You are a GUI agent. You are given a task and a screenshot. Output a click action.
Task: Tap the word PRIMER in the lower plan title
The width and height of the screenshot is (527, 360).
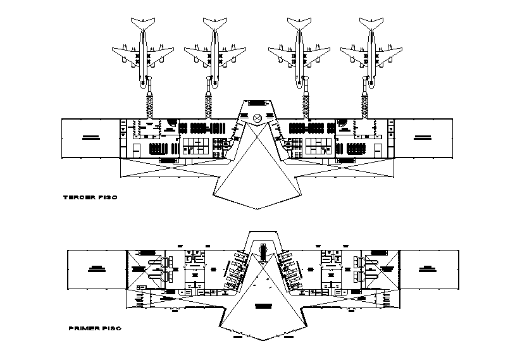pyautogui.click(x=80, y=328)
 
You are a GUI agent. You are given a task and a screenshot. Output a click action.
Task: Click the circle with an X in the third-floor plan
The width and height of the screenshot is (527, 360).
pyautogui.click(x=257, y=118)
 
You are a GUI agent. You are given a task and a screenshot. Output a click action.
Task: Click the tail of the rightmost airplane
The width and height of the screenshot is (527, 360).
pyautogui.click(x=372, y=23)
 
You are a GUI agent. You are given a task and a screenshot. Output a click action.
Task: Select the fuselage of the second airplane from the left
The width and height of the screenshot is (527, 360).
pyautogui.click(x=214, y=51)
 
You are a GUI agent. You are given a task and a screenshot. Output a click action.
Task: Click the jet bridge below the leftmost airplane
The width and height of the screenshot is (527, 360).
pyautogui.click(x=151, y=101)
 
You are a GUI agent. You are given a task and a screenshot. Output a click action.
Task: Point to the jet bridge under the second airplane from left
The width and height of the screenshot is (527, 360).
pyautogui.click(x=209, y=101)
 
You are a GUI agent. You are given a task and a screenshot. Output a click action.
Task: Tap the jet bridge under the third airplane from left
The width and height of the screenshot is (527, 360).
pyautogui.click(x=306, y=101)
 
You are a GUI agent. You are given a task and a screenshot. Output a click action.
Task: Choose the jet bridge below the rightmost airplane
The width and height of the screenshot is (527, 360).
pyautogui.click(x=365, y=101)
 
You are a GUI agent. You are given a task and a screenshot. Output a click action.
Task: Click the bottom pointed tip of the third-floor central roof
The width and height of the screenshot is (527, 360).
pyautogui.click(x=257, y=209)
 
